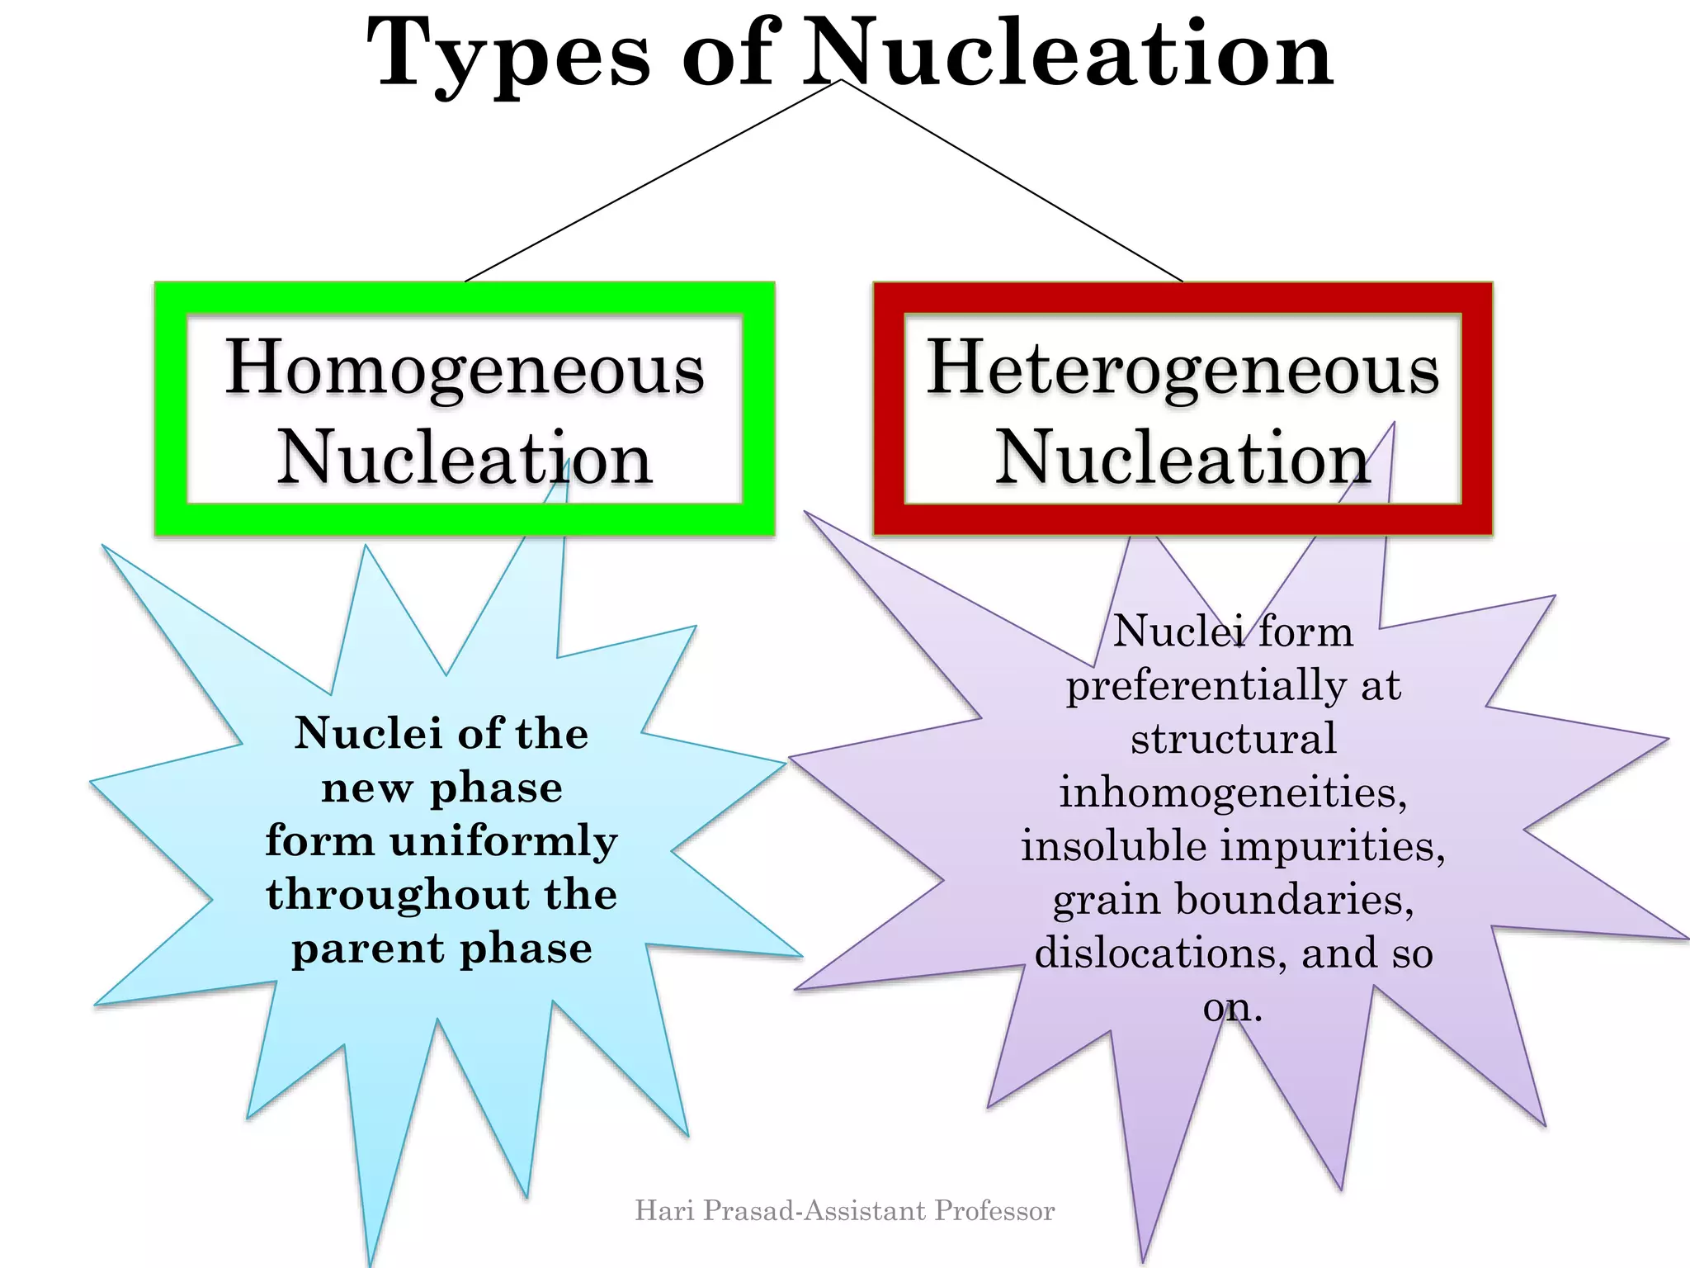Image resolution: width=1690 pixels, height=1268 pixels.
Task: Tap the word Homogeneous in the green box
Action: (465, 368)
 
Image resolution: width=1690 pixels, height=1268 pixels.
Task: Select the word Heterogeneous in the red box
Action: (1183, 368)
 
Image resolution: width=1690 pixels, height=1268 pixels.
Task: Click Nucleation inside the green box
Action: (465, 457)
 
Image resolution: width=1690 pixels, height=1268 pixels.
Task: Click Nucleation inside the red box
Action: (1183, 457)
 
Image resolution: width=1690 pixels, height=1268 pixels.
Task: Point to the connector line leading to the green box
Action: (652, 181)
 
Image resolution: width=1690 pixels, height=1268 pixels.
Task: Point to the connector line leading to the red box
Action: (1013, 181)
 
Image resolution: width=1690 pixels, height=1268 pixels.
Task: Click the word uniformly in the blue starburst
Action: (503, 843)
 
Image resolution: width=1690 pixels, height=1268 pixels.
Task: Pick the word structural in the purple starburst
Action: (1233, 738)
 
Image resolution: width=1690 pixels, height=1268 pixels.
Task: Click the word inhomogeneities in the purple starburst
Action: (1233, 792)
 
